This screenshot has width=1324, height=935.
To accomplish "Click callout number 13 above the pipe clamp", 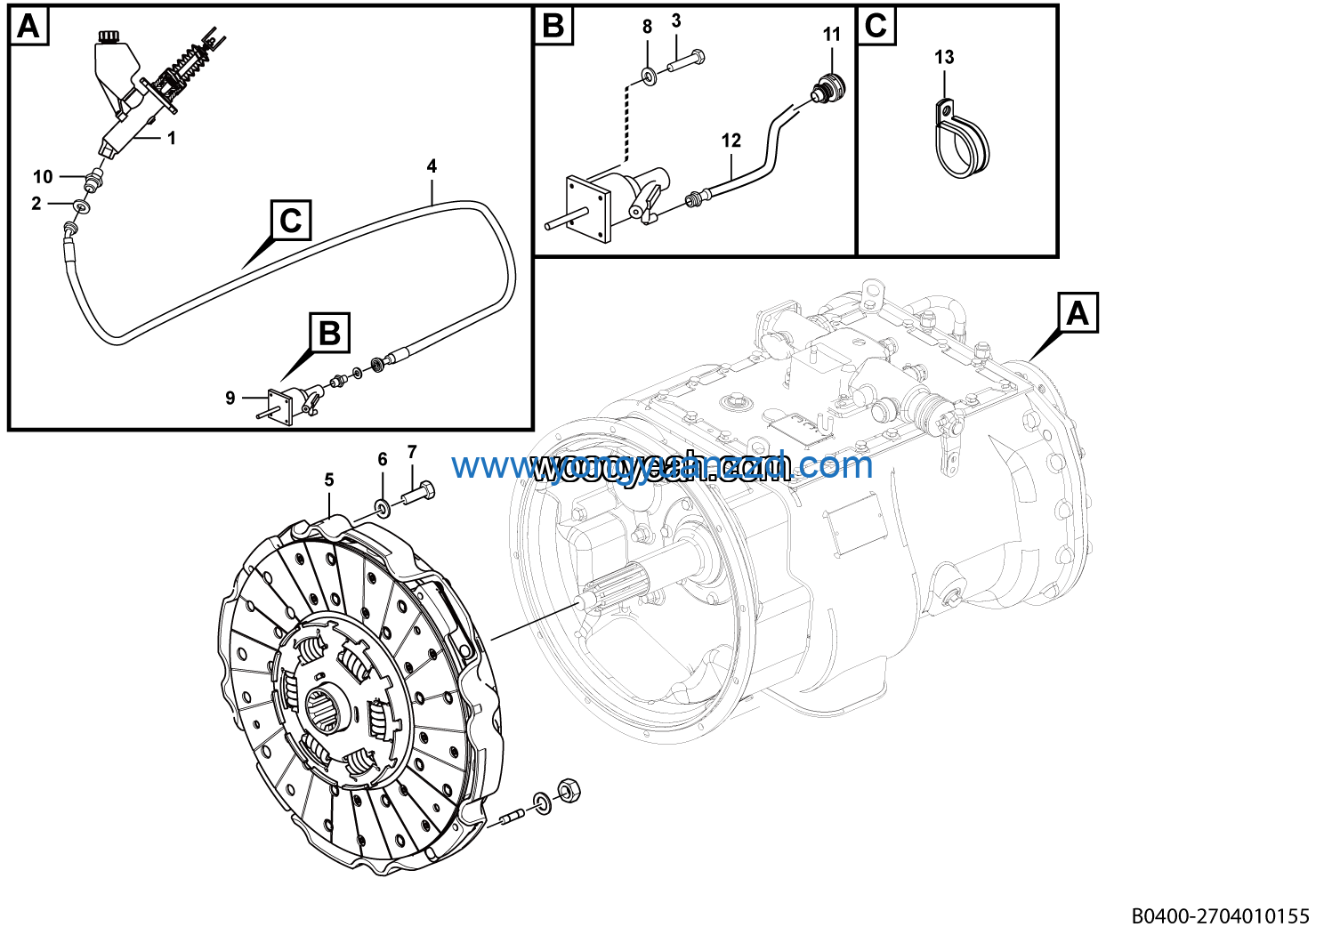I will tap(944, 57).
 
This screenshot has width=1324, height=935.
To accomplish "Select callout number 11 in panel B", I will tap(831, 35).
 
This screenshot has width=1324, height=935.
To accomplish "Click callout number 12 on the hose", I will tap(731, 141).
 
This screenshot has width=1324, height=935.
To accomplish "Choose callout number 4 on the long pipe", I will tap(432, 165).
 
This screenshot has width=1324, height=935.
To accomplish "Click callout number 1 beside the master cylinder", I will tap(172, 138).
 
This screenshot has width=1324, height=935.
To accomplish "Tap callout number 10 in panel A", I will tap(43, 176).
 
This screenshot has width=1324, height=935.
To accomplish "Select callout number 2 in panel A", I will tap(36, 204).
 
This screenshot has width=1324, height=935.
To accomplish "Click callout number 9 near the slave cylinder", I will tap(230, 398).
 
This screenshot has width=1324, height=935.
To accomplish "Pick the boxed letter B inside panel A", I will tap(329, 334).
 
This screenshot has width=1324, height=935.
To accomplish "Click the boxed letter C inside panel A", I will tap(291, 220).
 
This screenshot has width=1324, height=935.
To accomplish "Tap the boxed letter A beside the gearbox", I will tap(1078, 313).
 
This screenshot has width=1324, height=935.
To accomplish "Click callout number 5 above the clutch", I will tap(329, 480).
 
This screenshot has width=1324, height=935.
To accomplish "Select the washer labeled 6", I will tap(383, 509).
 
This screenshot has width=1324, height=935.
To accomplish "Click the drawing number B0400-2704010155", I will tap(1221, 915).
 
